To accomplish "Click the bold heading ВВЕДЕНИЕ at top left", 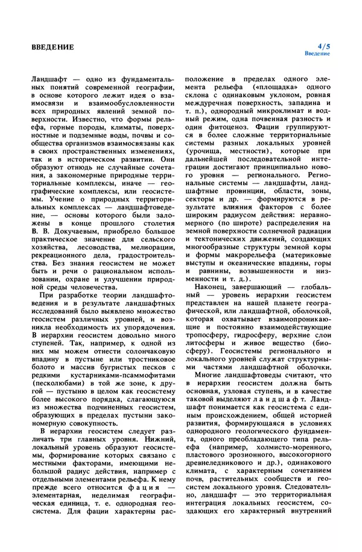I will click(x=53, y=46).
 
